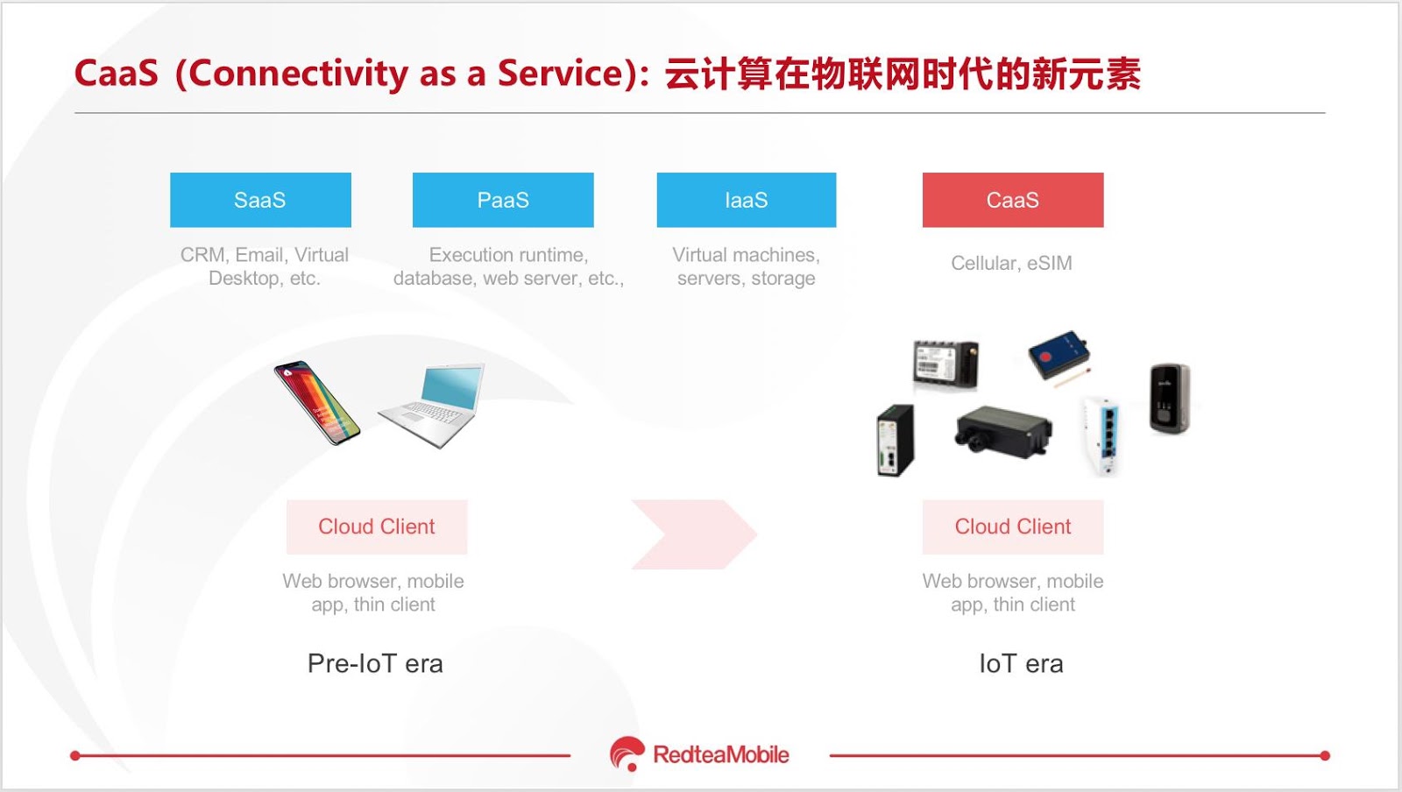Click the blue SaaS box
(260, 200)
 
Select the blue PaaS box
(503, 200)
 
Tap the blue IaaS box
(747, 200)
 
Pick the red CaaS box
(1013, 200)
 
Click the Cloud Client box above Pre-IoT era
(377, 527)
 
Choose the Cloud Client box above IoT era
(1013, 527)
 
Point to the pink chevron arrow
(695, 534)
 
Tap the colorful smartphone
(316, 403)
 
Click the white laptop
(432, 406)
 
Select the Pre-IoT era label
(376, 664)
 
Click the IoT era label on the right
(1021, 664)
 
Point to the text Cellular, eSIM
(1011, 264)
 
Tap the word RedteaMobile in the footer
(721, 754)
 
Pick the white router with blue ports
(1101, 435)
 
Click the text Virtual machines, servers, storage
(746, 266)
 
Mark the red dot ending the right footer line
(1324, 756)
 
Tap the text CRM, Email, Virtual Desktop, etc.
(264, 266)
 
